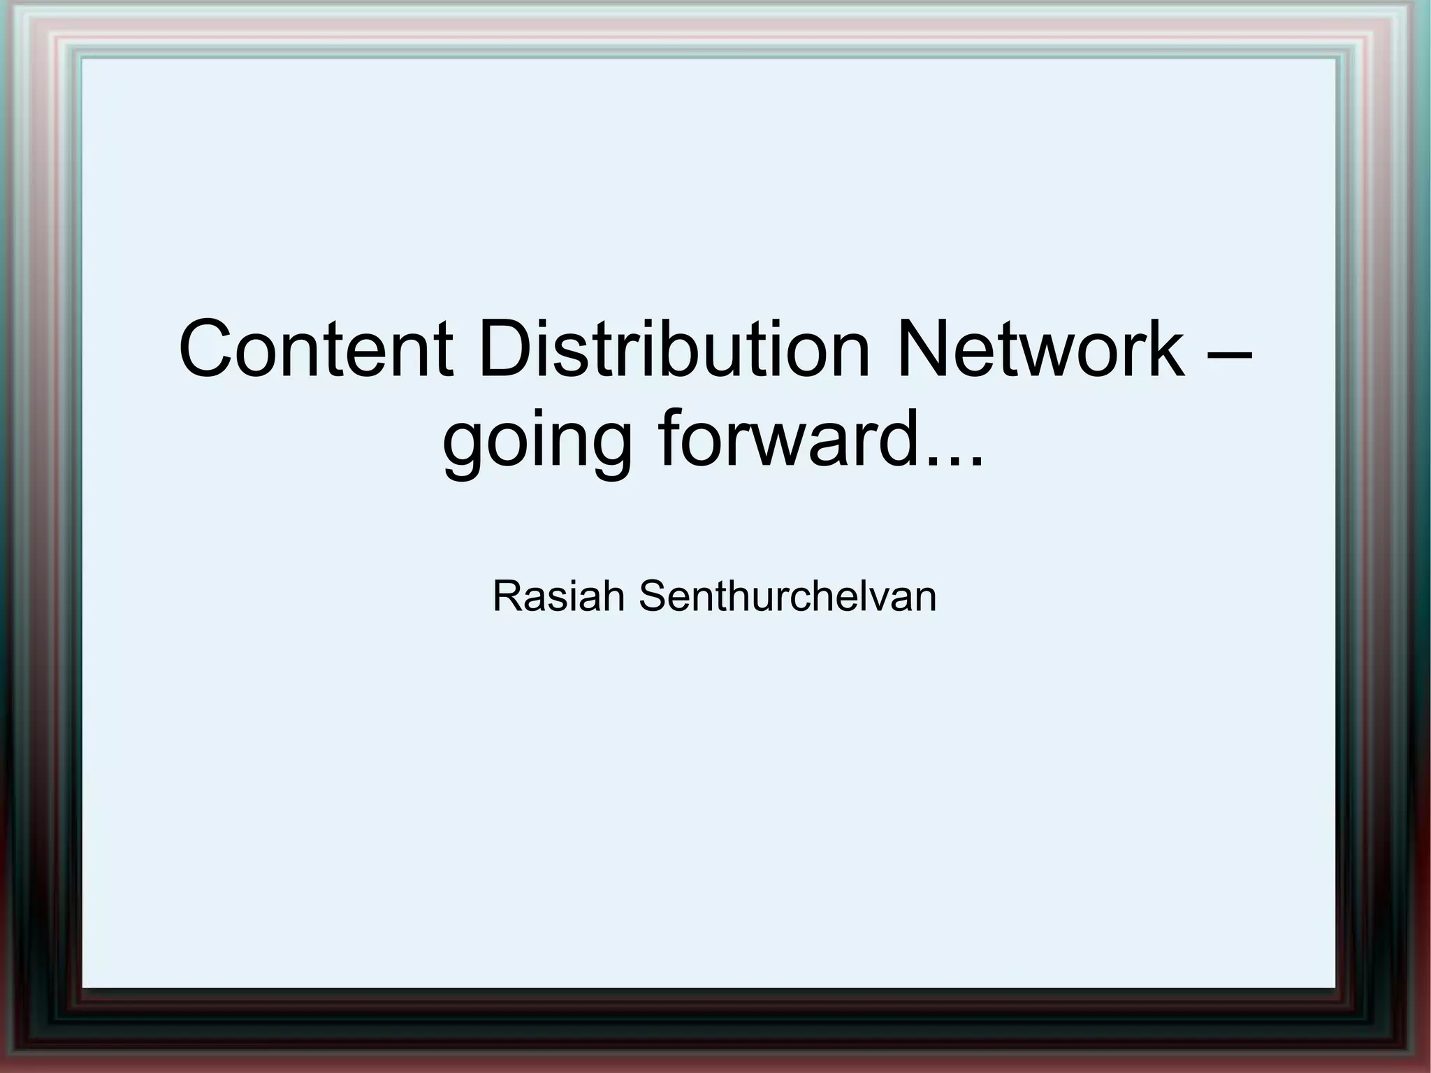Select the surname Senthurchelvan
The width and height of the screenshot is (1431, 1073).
point(787,596)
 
